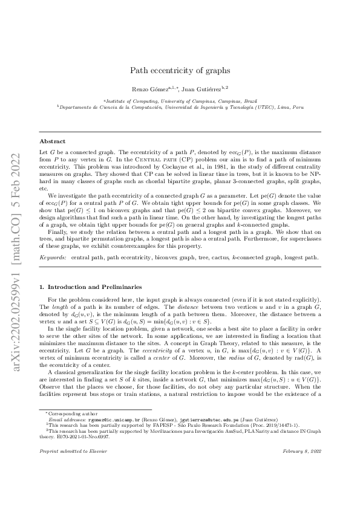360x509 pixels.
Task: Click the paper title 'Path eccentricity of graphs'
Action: pyautogui.click(x=179, y=70)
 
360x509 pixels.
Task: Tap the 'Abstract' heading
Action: pyautogui.click(x=51, y=141)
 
